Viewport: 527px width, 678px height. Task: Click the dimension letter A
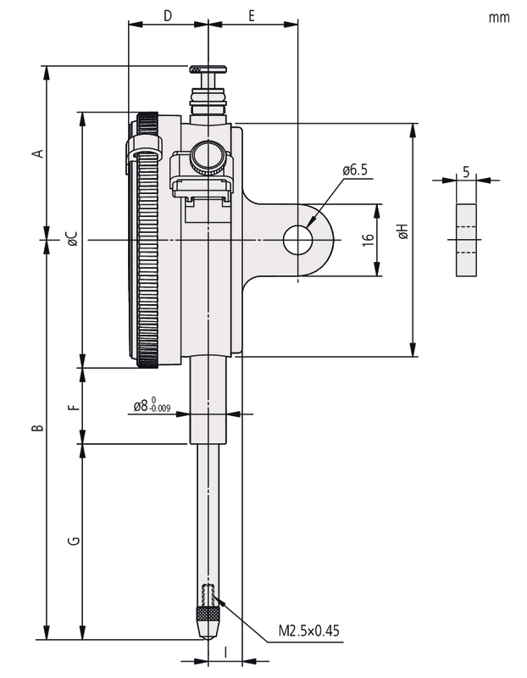pos(36,153)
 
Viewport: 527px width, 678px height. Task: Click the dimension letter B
pos(36,429)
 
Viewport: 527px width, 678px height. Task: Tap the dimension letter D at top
pos(167,15)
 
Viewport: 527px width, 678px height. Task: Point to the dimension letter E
pos(252,15)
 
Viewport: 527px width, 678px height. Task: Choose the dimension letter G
pos(73,540)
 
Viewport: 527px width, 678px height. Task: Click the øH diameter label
pos(403,231)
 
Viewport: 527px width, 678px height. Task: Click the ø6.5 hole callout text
pos(355,170)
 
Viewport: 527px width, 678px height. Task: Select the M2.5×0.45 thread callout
pos(309,631)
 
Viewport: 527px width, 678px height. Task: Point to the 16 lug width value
pos(368,240)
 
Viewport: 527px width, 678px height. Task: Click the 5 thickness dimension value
pos(465,171)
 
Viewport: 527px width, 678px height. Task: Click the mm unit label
pos(499,17)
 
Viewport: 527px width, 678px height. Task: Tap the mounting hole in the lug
pos(297,240)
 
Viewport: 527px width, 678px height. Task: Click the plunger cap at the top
pos(208,69)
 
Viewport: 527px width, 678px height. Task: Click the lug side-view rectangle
pos(465,240)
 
